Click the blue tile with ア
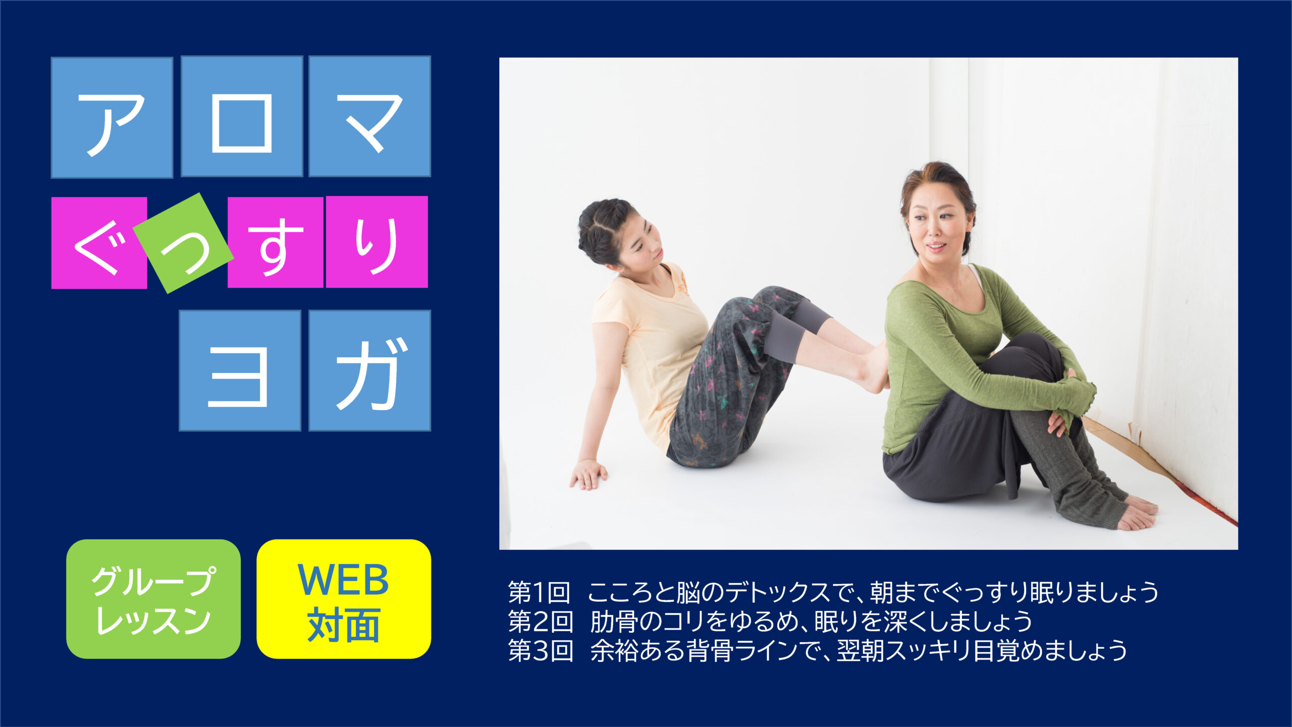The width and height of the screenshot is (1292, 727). [112, 117]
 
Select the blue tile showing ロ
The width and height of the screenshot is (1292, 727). [242, 117]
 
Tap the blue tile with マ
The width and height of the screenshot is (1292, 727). [369, 117]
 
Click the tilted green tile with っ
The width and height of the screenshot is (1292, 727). [183, 243]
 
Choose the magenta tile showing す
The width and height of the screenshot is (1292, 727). [276, 242]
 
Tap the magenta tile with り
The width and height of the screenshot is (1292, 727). [377, 242]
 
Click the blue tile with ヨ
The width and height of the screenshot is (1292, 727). [240, 371]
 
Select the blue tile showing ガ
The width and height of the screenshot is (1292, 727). [369, 371]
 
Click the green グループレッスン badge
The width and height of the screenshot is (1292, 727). [153, 599]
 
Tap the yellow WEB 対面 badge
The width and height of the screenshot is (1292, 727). [344, 599]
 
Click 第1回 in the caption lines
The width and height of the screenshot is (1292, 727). [539, 592]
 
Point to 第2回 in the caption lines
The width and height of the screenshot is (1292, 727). [540, 621]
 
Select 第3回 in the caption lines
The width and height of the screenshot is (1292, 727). [540, 651]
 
